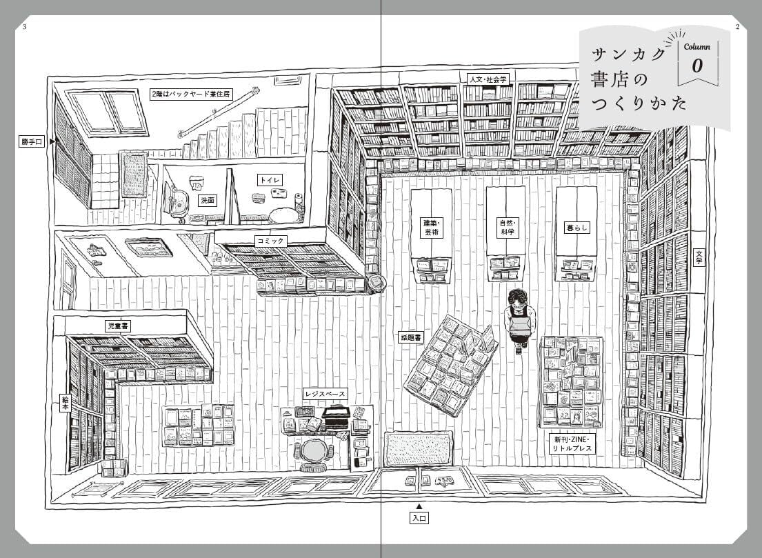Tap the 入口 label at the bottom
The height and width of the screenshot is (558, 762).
tap(419, 517)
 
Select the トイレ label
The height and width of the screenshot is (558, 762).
tap(269, 180)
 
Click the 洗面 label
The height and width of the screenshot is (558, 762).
tap(207, 200)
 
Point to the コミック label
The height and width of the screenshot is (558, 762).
tap(270, 241)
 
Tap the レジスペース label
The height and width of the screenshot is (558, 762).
tap(325, 393)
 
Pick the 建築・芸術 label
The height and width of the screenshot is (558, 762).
tap(432, 228)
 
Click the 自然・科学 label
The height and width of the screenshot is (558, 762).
tap(507, 228)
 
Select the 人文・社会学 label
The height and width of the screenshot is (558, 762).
tap(488, 79)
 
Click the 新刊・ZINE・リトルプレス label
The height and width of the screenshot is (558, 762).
tap(572, 444)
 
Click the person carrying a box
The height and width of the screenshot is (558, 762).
tap(517, 319)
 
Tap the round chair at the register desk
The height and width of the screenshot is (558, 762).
tap(315, 452)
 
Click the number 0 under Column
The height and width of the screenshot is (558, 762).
tap(697, 66)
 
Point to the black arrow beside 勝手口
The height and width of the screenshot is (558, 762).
tap(51, 142)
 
